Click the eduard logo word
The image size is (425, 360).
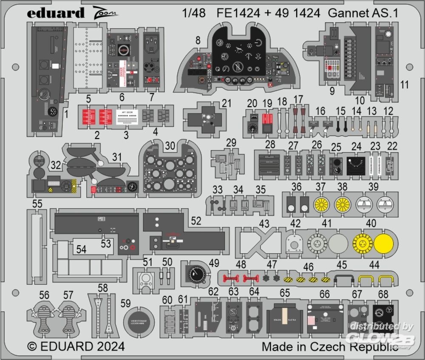pyautogui.click(x=56, y=13)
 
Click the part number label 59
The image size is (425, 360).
pyautogui.click(x=125, y=303)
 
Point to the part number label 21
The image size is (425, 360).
pyautogui.click(x=227, y=104)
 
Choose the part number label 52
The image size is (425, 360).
pyautogui.click(x=196, y=221)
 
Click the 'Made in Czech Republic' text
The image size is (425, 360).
pyautogui.click(x=330, y=346)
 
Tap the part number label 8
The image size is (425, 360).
pyautogui.click(x=198, y=41)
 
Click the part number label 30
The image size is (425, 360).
pyautogui.click(x=170, y=146)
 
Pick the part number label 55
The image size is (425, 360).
pyautogui.click(x=37, y=204)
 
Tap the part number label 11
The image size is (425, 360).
pyautogui.click(x=404, y=85)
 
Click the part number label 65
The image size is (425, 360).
pyautogui.click(x=285, y=293)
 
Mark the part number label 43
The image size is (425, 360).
pyautogui.click(x=264, y=224)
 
